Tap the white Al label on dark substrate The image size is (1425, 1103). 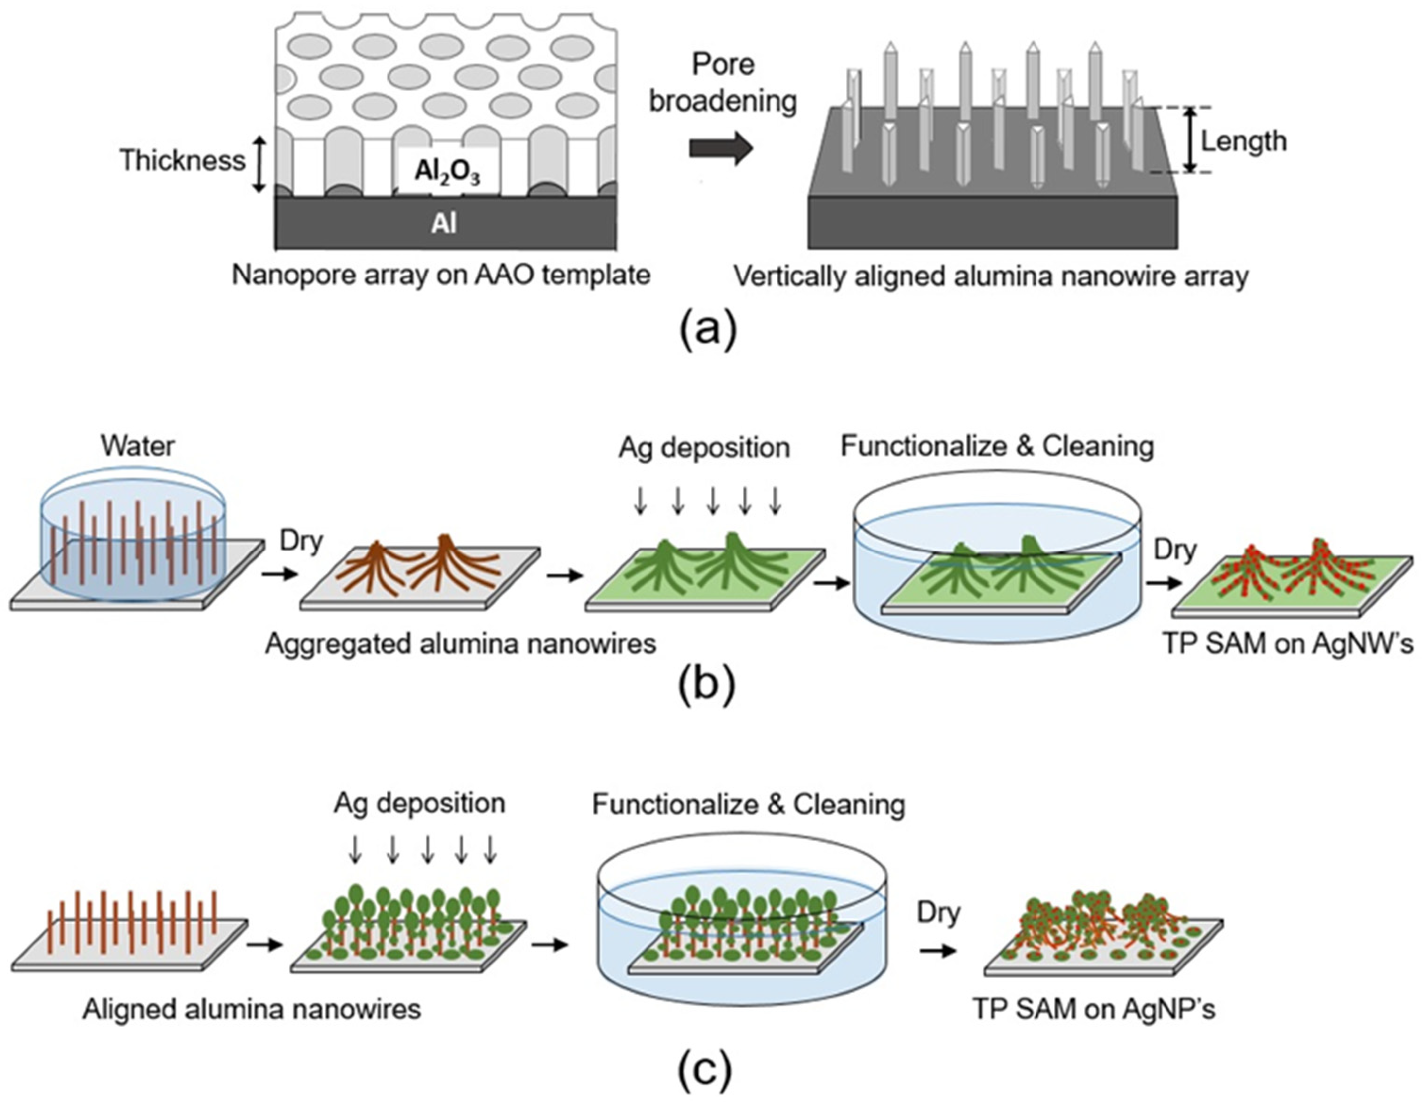(444, 223)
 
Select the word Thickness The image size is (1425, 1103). (182, 160)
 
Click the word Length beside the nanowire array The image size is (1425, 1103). (1244, 141)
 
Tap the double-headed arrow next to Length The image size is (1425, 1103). (1191, 139)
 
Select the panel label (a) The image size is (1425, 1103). (708, 330)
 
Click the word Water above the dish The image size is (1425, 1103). (137, 446)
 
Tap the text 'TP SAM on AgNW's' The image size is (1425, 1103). (1289, 644)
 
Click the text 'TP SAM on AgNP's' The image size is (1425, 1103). (1094, 1009)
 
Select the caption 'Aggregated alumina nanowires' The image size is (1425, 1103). (460, 644)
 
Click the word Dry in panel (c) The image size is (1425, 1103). (939, 912)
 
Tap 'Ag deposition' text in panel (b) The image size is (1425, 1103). (704, 448)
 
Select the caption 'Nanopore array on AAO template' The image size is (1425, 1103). (441, 275)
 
